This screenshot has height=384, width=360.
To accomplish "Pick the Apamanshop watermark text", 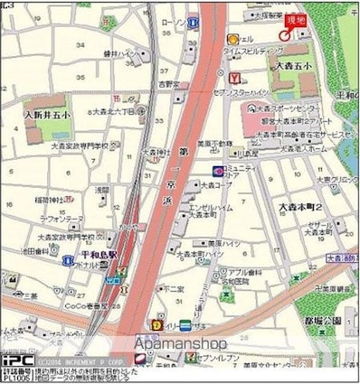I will pyautogui.click(x=181, y=344).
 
